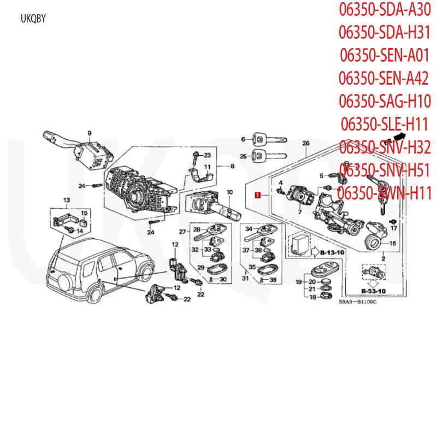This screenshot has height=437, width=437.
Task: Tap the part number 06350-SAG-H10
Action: (x=386, y=101)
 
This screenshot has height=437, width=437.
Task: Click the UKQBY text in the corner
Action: (x=34, y=19)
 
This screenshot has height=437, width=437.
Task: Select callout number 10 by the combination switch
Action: (x=230, y=192)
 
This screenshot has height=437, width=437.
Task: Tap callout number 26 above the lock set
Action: (x=306, y=143)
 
